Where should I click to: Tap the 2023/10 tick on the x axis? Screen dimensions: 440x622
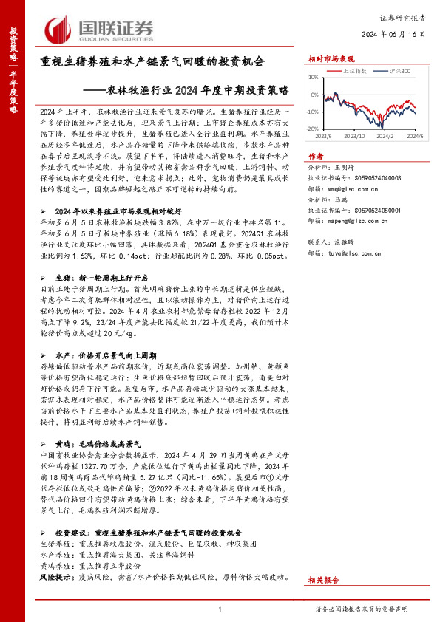(355, 136)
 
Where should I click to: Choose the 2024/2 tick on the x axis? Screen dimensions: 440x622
(385, 136)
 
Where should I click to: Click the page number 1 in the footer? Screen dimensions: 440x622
(220, 609)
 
